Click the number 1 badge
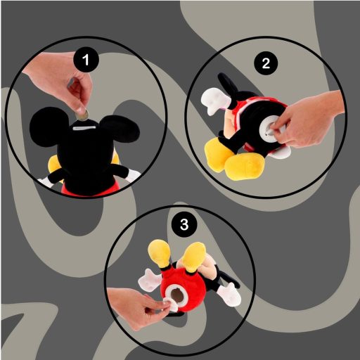[x=86, y=61]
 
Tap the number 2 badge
[x=266, y=63]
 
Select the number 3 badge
[x=184, y=225]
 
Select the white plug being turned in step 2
[x=267, y=131]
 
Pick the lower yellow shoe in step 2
[x=240, y=167]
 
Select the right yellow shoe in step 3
[x=195, y=254]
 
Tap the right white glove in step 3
[x=229, y=294]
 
